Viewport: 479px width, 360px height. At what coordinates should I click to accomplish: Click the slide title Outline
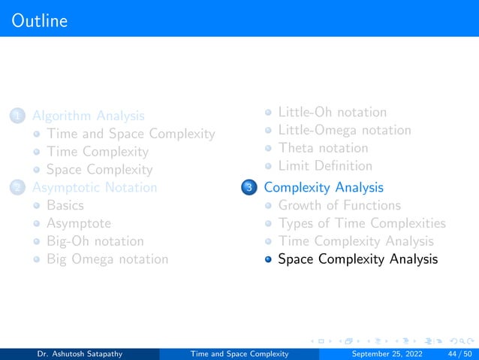(x=39, y=20)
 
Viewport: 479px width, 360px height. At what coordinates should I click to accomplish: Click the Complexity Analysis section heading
(x=324, y=187)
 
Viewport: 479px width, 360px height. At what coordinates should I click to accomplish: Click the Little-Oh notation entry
(x=333, y=113)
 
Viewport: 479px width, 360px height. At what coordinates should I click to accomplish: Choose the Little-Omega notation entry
(x=345, y=130)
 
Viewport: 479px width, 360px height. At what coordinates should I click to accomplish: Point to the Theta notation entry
(x=323, y=148)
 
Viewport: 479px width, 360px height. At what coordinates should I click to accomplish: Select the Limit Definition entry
(x=325, y=166)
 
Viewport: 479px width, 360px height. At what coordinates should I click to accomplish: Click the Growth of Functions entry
(x=339, y=205)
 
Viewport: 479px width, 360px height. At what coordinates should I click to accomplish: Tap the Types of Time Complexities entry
(x=362, y=223)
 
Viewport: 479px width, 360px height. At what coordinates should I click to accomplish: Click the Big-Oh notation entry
(x=95, y=241)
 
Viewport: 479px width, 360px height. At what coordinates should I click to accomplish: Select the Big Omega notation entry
(x=107, y=259)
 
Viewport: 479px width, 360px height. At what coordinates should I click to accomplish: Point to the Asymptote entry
(x=79, y=223)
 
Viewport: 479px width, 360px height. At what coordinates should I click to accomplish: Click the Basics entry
(x=65, y=205)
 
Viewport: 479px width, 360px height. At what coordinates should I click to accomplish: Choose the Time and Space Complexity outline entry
(x=131, y=134)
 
